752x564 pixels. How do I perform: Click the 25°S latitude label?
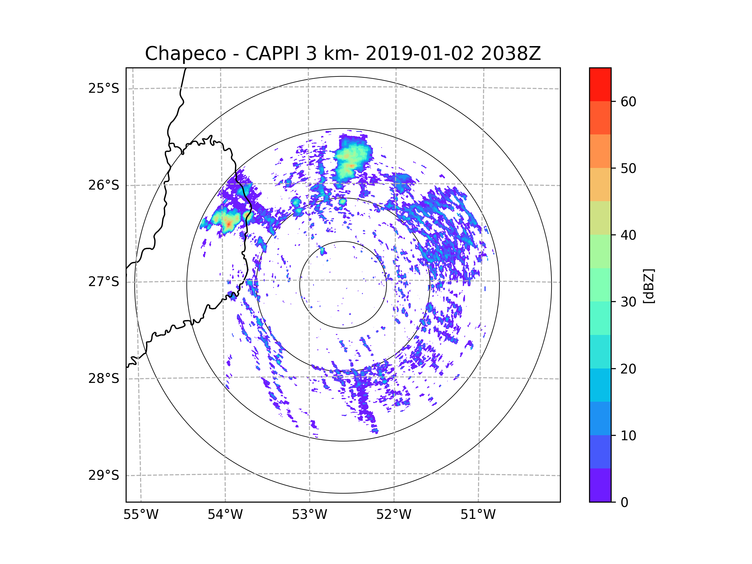(x=104, y=88)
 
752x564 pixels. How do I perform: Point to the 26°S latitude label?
(x=104, y=185)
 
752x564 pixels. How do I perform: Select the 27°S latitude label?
(x=104, y=282)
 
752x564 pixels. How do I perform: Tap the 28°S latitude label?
(x=104, y=379)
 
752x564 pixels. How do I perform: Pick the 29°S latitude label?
(x=104, y=475)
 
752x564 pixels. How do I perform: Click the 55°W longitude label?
(x=141, y=515)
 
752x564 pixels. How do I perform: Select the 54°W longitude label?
(x=225, y=515)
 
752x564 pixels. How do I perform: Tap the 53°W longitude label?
(x=309, y=515)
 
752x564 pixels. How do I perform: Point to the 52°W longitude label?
(x=394, y=515)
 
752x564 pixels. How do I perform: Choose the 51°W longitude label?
(x=478, y=515)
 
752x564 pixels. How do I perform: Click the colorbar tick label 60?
(x=628, y=102)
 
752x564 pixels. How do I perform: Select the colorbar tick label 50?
(x=628, y=168)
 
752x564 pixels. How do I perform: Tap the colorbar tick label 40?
(x=628, y=235)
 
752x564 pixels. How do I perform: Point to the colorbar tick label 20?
(x=628, y=369)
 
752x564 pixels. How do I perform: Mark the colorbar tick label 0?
(x=624, y=503)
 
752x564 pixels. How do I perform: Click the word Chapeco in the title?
(x=185, y=54)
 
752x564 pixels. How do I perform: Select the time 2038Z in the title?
(x=511, y=54)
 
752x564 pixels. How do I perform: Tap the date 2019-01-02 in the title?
(x=420, y=54)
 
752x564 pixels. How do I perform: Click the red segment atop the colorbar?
(x=600, y=84)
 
